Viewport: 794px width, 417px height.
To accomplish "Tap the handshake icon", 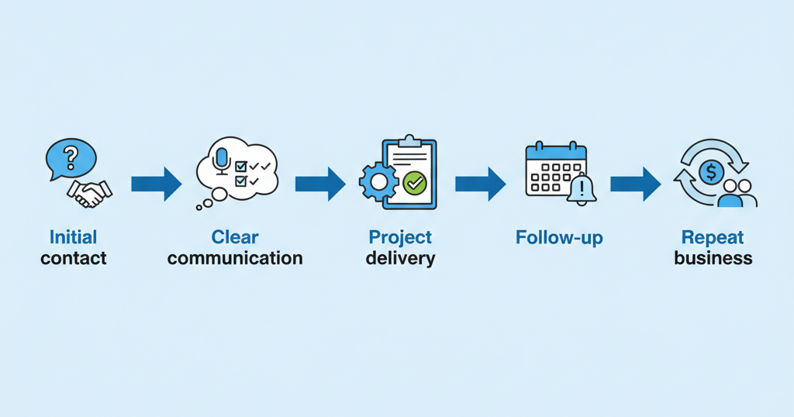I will [89, 192].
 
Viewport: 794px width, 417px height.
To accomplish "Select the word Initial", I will [74, 237].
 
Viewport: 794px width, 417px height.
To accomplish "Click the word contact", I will [74, 258].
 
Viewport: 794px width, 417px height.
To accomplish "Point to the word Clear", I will [235, 237].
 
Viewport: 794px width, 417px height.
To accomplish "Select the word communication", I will [235, 258].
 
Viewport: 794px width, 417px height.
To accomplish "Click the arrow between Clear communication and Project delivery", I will [319, 184].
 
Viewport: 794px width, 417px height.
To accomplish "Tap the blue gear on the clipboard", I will [378, 182].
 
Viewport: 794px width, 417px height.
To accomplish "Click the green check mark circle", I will [416, 183].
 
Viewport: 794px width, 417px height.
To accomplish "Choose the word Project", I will [400, 237].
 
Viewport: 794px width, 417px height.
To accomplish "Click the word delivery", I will [400, 258].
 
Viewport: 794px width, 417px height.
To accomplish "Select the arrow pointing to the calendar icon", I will [480, 184].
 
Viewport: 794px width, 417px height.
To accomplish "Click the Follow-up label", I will [558, 237].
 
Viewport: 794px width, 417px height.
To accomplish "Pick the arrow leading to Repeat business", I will [635, 184].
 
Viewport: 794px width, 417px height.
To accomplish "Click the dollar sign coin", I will [711, 171].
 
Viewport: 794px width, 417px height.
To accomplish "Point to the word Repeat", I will [713, 237].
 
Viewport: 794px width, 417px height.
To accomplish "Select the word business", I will [713, 258].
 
